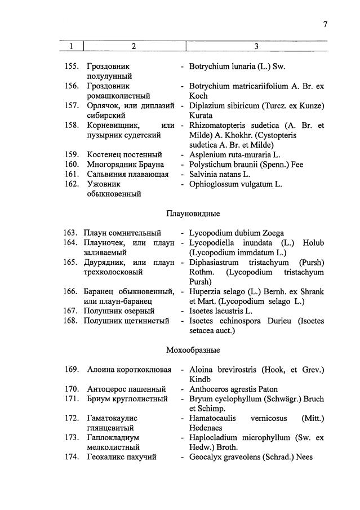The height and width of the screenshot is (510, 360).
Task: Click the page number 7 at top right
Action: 325,24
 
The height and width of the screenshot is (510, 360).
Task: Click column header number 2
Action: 134,46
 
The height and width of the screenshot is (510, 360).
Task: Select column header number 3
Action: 256,46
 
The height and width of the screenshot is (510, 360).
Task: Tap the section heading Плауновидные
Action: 193,214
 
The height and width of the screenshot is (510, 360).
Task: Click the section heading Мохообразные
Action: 193,350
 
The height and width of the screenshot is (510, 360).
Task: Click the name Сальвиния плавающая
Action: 128,174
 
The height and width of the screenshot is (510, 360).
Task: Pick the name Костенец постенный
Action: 125,154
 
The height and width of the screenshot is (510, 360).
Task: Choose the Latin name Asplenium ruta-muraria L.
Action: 235,154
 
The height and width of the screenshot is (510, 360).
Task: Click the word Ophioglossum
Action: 214,184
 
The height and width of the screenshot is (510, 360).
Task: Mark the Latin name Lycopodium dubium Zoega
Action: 237,233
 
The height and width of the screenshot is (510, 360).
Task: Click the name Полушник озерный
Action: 120,311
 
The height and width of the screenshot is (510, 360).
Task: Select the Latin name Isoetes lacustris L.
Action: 221,311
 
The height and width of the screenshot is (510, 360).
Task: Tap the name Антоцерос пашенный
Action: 126,389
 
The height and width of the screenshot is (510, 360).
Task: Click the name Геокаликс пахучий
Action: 122,457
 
